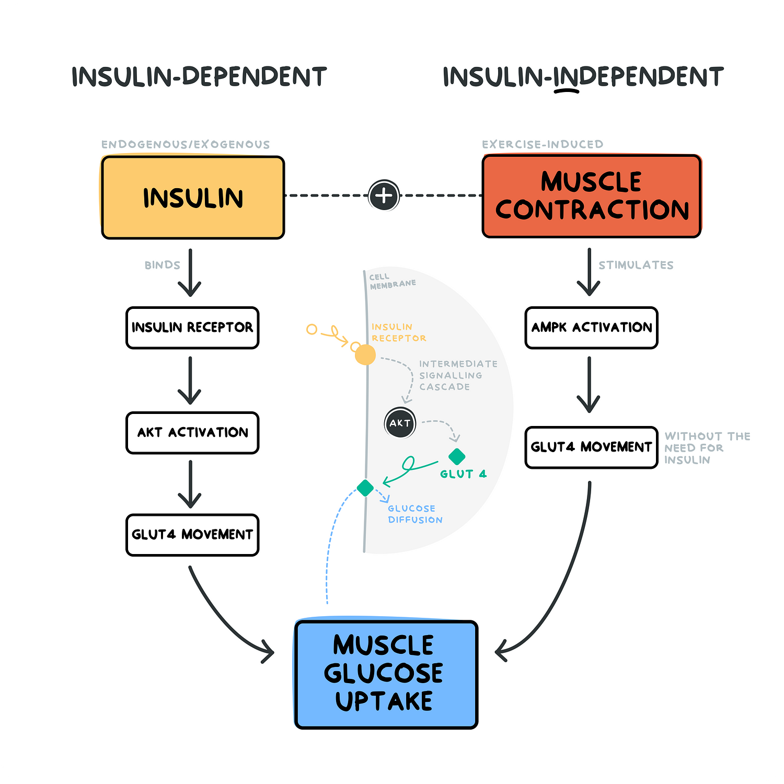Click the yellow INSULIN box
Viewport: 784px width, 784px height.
click(193, 198)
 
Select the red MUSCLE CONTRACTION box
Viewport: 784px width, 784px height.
click(592, 196)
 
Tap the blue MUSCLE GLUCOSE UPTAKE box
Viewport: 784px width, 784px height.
click(386, 674)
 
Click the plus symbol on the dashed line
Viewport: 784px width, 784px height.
click(384, 195)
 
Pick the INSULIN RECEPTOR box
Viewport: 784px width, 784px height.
click(192, 328)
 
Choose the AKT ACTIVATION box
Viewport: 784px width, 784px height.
click(192, 433)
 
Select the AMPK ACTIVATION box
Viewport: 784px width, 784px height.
click(591, 328)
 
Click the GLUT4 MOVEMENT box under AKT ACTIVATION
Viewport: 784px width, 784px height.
click(192, 535)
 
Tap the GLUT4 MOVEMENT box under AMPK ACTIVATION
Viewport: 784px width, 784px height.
click(591, 447)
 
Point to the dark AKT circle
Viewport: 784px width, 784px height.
click(400, 423)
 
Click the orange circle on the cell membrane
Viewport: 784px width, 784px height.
click(365, 355)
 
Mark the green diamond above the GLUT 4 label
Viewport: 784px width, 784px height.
click(457, 456)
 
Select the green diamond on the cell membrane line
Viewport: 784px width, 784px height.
click(365, 488)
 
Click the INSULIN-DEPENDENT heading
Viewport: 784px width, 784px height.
click(199, 77)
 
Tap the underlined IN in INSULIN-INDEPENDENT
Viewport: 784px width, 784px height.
click(566, 77)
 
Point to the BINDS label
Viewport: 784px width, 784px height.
click(162, 266)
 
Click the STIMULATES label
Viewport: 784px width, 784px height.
click(636, 266)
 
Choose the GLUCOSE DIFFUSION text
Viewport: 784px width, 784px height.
click(415, 514)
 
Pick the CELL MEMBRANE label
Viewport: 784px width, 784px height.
click(392, 281)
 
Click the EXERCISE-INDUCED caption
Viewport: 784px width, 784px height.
click(543, 145)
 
